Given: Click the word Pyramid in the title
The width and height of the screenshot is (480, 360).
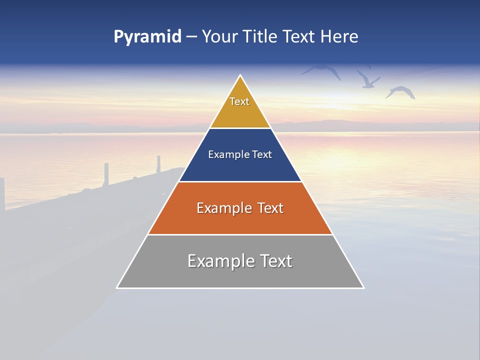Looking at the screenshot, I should point(147,37).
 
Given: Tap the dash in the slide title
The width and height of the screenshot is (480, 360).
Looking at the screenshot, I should point(191,37).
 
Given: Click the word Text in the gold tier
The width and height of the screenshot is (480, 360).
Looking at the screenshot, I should point(239,101).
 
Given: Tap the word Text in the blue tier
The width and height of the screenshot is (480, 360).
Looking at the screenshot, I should point(262,154).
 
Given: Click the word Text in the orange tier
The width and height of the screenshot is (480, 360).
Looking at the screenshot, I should point(270,208).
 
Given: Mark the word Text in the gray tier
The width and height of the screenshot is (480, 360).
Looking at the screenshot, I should point(275,261).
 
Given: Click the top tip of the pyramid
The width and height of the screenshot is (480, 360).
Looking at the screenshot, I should point(240,76).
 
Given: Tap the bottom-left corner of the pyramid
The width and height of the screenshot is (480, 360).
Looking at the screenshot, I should point(117,287).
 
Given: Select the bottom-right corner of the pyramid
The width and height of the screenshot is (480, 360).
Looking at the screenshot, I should point(363,287).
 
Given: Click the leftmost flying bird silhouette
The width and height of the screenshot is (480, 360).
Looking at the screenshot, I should point(322,70).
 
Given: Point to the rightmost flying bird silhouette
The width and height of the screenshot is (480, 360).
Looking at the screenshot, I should point(400,91).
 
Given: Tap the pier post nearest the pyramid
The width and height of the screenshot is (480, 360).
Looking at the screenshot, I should point(159,164).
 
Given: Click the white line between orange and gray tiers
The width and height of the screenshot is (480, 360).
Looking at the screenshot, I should point(240,234).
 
